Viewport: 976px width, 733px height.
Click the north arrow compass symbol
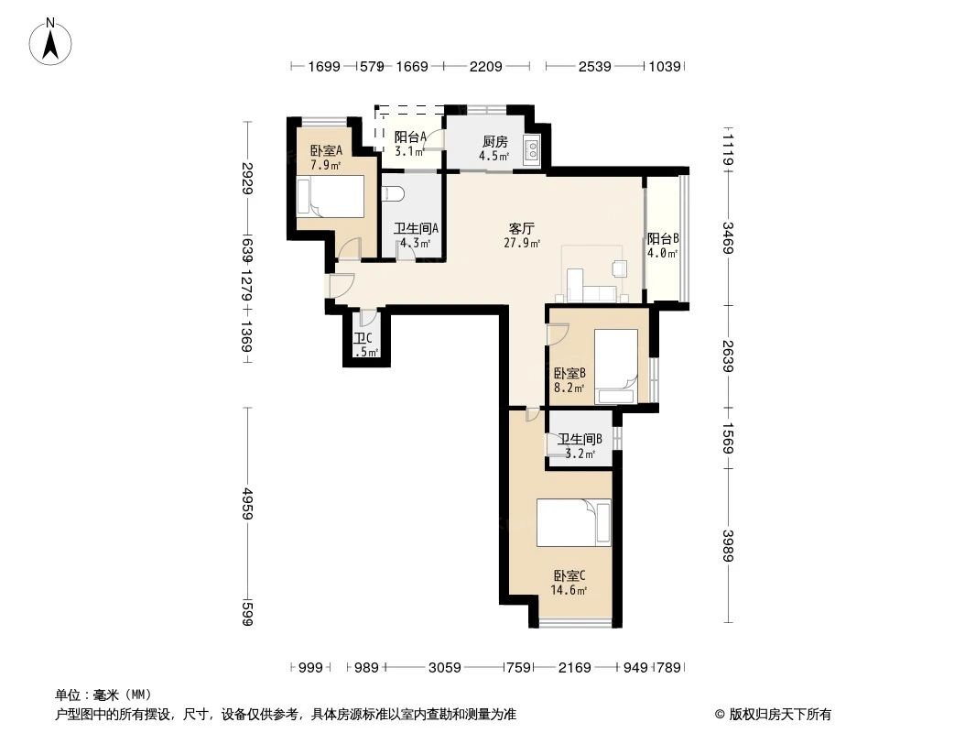coord(52,41)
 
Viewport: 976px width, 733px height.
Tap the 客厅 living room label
coord(522,228)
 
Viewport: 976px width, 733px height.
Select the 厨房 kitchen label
coord(494,142)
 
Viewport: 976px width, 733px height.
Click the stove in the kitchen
coord(531,150)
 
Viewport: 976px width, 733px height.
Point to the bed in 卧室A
coord(331,196)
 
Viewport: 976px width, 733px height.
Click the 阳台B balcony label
coord(662,238)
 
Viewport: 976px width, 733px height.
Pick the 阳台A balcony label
coord(409,137)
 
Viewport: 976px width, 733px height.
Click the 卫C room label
coord(362,339)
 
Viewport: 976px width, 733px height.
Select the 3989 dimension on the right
coord(728,548)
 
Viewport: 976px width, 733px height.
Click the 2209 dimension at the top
coord(486,66)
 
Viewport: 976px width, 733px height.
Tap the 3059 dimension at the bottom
coord(444,668)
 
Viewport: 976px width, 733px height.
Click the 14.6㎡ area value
coord(568,591)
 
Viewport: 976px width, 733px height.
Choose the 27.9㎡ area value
coord(522,244)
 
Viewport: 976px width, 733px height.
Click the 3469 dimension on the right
coord(728,238)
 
